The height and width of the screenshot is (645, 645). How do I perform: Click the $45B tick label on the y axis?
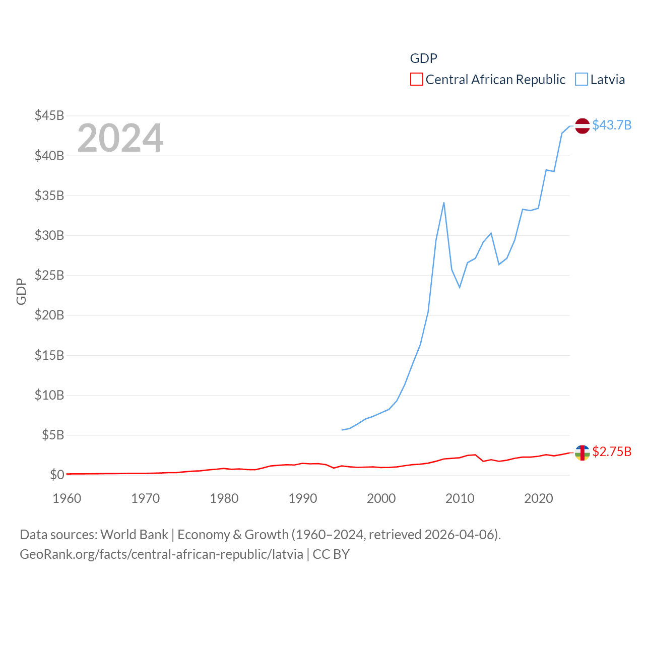pos(49,115)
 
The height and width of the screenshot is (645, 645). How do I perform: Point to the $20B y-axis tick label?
pos(49,315)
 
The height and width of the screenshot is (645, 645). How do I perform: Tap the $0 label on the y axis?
pos(57,475)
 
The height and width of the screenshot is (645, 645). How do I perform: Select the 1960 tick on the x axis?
pos(67,498)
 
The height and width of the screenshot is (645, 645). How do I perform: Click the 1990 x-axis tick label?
pos(303,498)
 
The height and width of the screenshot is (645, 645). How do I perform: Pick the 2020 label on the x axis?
pos(539,498)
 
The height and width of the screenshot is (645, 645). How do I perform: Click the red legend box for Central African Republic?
pos(417,80)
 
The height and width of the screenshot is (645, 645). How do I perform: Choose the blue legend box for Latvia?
pos(582,80)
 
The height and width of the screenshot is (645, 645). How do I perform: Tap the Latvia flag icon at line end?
pos(583,125)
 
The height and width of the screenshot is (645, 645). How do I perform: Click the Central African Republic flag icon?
pos(583,453)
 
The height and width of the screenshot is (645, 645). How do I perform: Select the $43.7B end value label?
pos(612,125)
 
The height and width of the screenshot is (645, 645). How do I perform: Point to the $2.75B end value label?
pos(612,451)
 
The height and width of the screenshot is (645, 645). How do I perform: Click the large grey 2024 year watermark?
pos(120,138)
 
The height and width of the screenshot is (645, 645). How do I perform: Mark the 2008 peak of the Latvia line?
pos(444,203)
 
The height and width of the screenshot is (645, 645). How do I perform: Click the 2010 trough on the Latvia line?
pos(460,287)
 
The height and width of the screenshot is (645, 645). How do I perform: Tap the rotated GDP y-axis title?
pos(21,291)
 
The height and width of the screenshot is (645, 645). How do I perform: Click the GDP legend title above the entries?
pos(423,58)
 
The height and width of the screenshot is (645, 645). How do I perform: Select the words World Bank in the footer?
pos(134,535)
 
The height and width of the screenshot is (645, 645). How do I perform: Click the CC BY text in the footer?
pos(331,554)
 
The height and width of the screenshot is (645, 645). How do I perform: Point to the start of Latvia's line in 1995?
pos(342,430)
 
